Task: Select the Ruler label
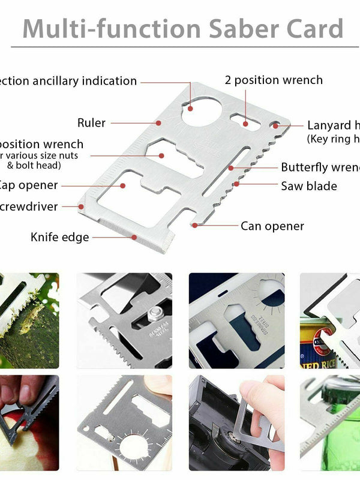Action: [x=91, y=123]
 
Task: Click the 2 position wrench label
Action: [x=274, y=80]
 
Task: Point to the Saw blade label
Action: [x=309, y=186]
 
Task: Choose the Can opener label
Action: [x=272, y=226]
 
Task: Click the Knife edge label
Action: [x=59, y=238]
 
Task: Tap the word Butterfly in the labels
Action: [x=306, y=167]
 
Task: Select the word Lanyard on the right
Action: [x=329, y=125]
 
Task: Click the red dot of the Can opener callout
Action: [x=194, y=226]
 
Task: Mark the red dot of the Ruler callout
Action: [x=158, y=123]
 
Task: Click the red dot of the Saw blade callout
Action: [x=237, y=184]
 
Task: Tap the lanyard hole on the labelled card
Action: [x=275, y=126]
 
